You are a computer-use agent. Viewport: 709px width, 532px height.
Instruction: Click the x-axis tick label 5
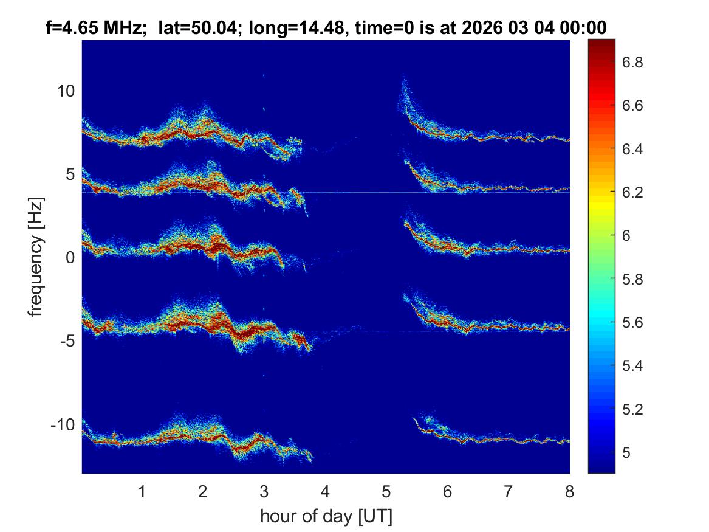click(386, 491)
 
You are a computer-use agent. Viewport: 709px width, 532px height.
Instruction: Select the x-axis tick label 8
click(569, 491)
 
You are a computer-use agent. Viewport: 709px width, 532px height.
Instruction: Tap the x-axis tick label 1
click(142, 491)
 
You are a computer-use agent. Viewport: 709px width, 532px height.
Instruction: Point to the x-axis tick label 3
click(264, 491)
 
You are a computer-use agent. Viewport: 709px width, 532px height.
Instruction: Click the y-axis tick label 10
click(65, 92)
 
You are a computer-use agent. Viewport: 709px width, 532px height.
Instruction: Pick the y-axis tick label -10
click(62, 424)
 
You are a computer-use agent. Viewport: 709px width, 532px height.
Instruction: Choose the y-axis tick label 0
click(70, 258)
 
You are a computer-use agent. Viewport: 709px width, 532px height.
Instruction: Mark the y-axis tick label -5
click(65, 341)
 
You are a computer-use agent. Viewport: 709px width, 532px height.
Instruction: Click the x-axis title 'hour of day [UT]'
click(326, 517)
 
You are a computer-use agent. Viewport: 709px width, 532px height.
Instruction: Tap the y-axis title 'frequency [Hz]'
click(36, 257)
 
